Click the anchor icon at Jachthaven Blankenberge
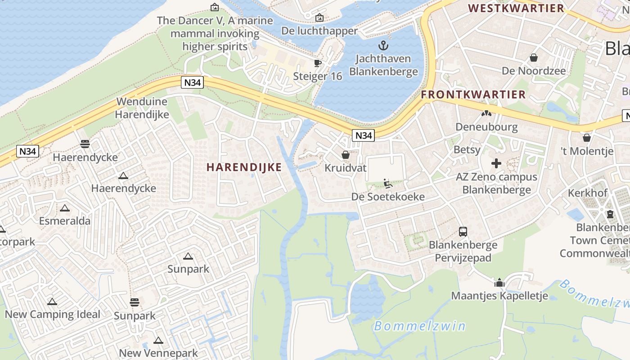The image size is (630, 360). pyautogui.click(x=383, y=45)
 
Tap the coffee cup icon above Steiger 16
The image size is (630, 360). pyautogui.click(x=318, y=63)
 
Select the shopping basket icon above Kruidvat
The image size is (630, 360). pyautogui.click(x=346, y=155)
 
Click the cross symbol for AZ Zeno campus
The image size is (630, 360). pyautogui.click(x=496, y=163)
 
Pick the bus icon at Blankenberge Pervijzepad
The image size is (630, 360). pyautogui.click(x=463, y=232)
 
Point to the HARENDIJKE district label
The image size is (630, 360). pyautogui.click(x=244, y=167)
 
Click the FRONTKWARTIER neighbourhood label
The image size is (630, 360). pyautogui.click(x=473, y=94)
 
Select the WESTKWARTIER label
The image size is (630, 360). pyautogui.click(x=516, y=8)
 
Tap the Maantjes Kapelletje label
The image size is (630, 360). pyautogui.click(x=499, y=296)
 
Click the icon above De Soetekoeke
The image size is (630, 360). pyautogui.click(x=387, y=184)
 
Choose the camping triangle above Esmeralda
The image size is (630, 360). pyautogui.click(x=65, y=208)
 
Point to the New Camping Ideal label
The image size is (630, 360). pyautogui.click(x=53, y=314)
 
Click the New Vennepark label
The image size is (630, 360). pyautogui.click(x=158, y=353)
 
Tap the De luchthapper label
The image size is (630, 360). pyautogui.click(x=319, y=31)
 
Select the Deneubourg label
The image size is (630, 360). pyautogui.click(x=486, y=127)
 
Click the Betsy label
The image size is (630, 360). pyautogui.click(x=467, y=149)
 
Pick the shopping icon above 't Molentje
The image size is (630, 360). pyautogui.click(x=586, y=138)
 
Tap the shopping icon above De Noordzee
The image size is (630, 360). pyautogui.click(x=534, y=58)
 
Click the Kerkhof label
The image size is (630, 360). pyautogui.click(x=588, y=193)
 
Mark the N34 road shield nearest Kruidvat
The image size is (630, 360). pyautogui.click(x=364, y=135)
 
